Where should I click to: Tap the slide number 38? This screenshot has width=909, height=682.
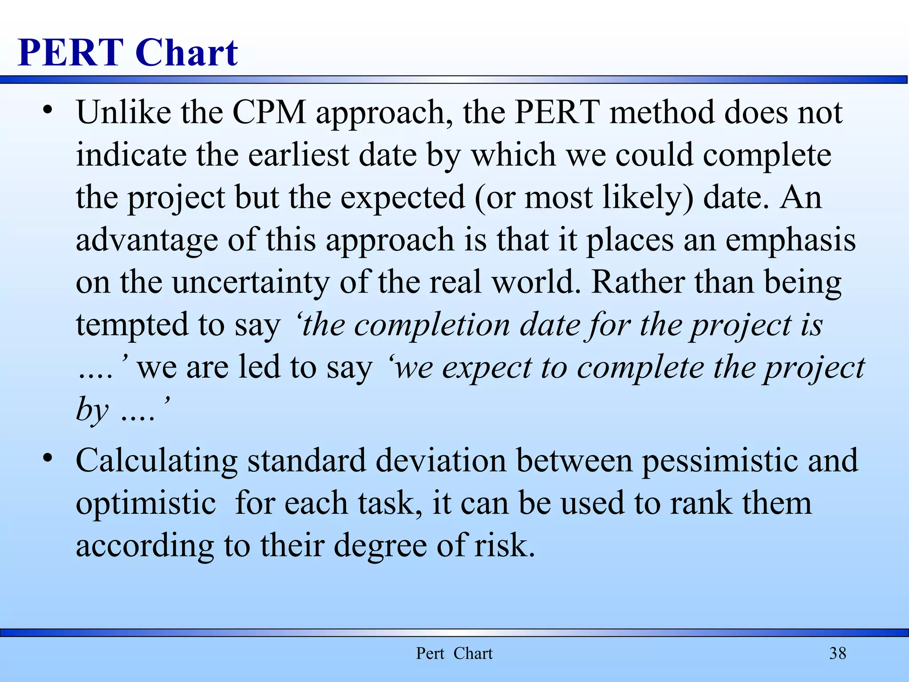point(838,653)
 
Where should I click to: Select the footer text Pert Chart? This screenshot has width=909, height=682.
point(454,653)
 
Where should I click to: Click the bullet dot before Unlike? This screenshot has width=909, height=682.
point(48,109)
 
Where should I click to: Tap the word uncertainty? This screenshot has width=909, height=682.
point(251,282)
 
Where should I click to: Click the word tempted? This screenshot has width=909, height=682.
point(132,325)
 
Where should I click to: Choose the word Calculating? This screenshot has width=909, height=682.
point(157,460)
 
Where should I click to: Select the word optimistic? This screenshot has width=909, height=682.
point(146,503)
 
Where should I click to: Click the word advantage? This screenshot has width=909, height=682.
point(147,240)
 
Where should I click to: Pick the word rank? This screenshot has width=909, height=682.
point(701,503)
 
